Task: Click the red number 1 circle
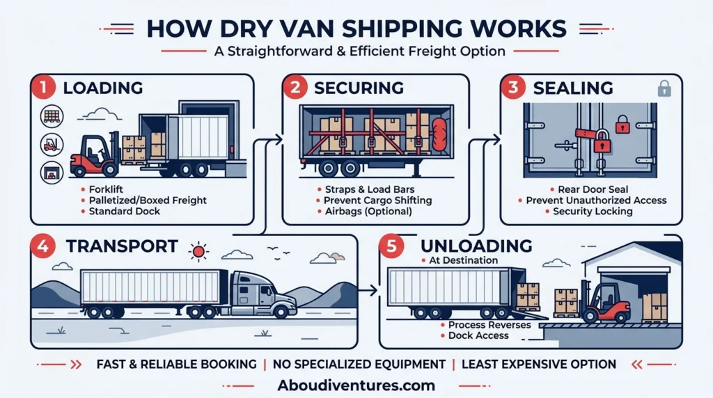tap(43, 87)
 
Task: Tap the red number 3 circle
tap(513, 87)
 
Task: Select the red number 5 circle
tap(391, 246)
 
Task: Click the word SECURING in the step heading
tap(359, 88)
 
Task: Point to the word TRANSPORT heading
tap(122, 246)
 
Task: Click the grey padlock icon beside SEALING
tap(664, 88)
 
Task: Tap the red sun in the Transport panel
tap(198, 251)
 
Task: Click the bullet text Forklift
tap(106, 189)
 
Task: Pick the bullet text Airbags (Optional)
tap(368, 212)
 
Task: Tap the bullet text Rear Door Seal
tap(593, 189)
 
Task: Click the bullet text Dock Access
tap(478, 336)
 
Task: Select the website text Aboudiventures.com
tap(356, 385)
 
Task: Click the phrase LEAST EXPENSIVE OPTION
tap(539, 365)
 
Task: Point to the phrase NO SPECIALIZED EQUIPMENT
tap(359, 365)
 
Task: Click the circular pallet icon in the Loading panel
tap(52, 116)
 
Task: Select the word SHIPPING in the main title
tap(403, 29)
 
